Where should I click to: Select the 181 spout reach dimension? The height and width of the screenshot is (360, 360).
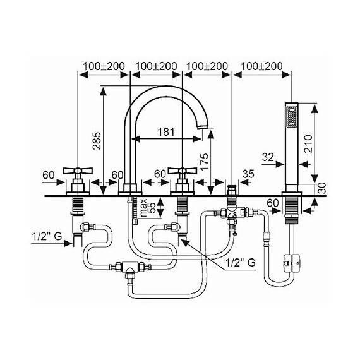[x=165, y=132]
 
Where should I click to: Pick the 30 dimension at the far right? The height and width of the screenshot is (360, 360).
[x=321, y=188]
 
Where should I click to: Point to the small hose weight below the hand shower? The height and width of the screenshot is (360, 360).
[x=291, y=259]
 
